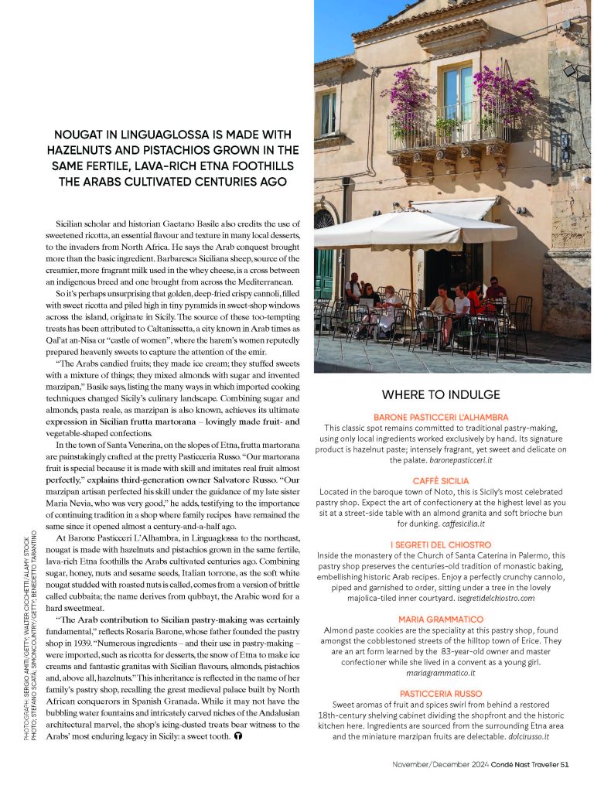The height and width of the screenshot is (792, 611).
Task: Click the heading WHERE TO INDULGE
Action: tap(452, 394)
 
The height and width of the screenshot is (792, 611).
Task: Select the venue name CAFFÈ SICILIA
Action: tap(452, 480)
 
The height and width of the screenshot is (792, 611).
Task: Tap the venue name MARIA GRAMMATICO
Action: tap(452, 620)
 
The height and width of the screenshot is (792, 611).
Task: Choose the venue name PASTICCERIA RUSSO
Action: tap(452, 694)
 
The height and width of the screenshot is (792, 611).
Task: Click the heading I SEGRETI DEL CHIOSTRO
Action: tap(452, 544)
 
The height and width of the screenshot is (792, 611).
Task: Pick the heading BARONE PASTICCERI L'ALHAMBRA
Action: tap(452, 416)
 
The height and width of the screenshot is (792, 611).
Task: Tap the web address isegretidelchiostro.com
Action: tap(491, 598)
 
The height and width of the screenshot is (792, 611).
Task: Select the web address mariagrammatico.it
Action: tap(452, 673)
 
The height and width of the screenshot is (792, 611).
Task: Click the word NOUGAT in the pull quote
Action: tap(83, 134)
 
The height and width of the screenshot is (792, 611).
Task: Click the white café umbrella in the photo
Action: tap(402, 230)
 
